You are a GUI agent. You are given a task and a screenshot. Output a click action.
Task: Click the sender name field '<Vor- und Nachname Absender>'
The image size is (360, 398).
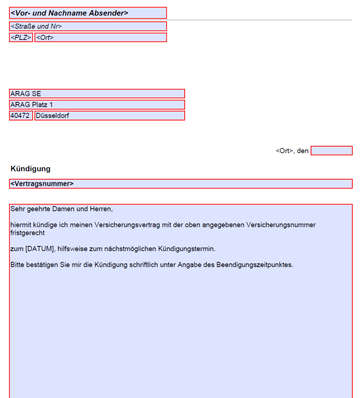(x=88, y=13)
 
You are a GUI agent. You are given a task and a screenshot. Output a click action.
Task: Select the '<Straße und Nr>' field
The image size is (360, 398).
(x=88, y=26)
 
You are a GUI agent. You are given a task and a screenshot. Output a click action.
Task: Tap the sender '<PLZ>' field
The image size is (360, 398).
(x=21, y=38)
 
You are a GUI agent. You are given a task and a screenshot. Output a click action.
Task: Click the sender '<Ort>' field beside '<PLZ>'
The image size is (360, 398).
(x=100, y=38)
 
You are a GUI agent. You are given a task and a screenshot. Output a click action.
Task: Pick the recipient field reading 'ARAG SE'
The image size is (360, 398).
(x=97, y=94)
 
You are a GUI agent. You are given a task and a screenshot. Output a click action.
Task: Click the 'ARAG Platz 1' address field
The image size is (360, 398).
(x=97, y=105)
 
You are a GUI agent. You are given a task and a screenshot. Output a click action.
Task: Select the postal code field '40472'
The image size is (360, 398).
(x=21, y=115)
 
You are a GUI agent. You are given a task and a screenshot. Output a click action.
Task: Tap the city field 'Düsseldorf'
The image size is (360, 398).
(x=109, y=115)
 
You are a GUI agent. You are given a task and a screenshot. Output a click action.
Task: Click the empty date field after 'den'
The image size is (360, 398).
(x=332, y=151)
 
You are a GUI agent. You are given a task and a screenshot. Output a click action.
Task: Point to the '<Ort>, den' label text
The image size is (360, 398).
(x=292, y=151)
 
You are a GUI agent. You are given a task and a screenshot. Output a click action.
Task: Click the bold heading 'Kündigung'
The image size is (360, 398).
(x=31, y=169)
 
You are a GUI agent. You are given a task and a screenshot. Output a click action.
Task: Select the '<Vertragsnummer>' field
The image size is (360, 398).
(x=181, y=184)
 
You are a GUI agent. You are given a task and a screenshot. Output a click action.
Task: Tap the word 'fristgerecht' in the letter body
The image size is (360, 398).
(x=28, y=233)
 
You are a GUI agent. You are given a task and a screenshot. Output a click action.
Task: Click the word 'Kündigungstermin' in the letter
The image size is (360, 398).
(x=190, y=249)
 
